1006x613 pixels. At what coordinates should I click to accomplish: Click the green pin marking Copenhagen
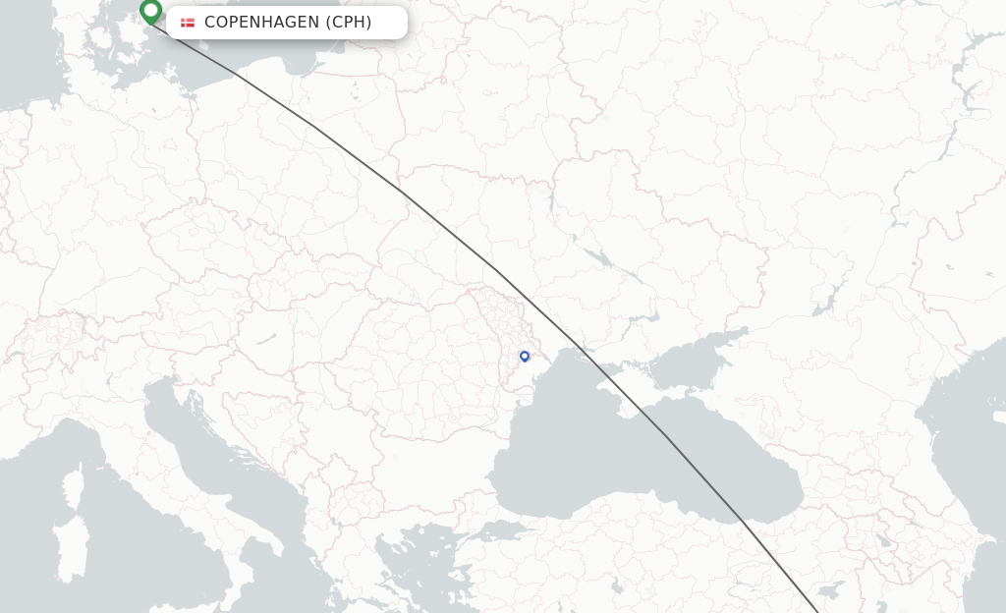coord(150,11)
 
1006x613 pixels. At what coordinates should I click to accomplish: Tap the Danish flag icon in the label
coord(188,23)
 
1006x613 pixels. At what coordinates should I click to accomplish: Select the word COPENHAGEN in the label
coord(261,23)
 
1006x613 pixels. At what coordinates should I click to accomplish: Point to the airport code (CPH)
coord(349,23)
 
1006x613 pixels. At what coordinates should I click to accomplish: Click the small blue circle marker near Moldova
coord(525,357)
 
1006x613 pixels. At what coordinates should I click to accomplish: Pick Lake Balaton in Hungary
coord(266,340)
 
